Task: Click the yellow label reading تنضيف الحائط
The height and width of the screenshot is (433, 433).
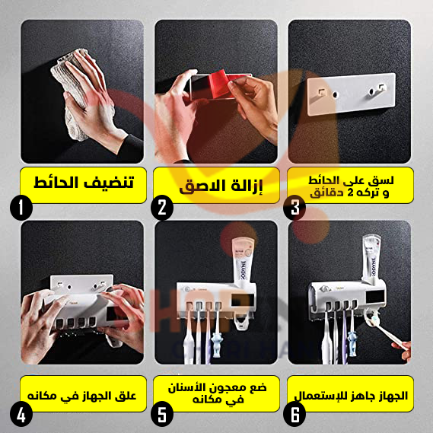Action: coord(82,184)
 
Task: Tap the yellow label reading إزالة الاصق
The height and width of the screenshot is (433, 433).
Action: coord(216,186)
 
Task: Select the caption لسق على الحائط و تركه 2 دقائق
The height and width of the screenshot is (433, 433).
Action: coord(352,185)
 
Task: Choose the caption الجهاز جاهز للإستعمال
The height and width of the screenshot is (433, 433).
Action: coord(352,395)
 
